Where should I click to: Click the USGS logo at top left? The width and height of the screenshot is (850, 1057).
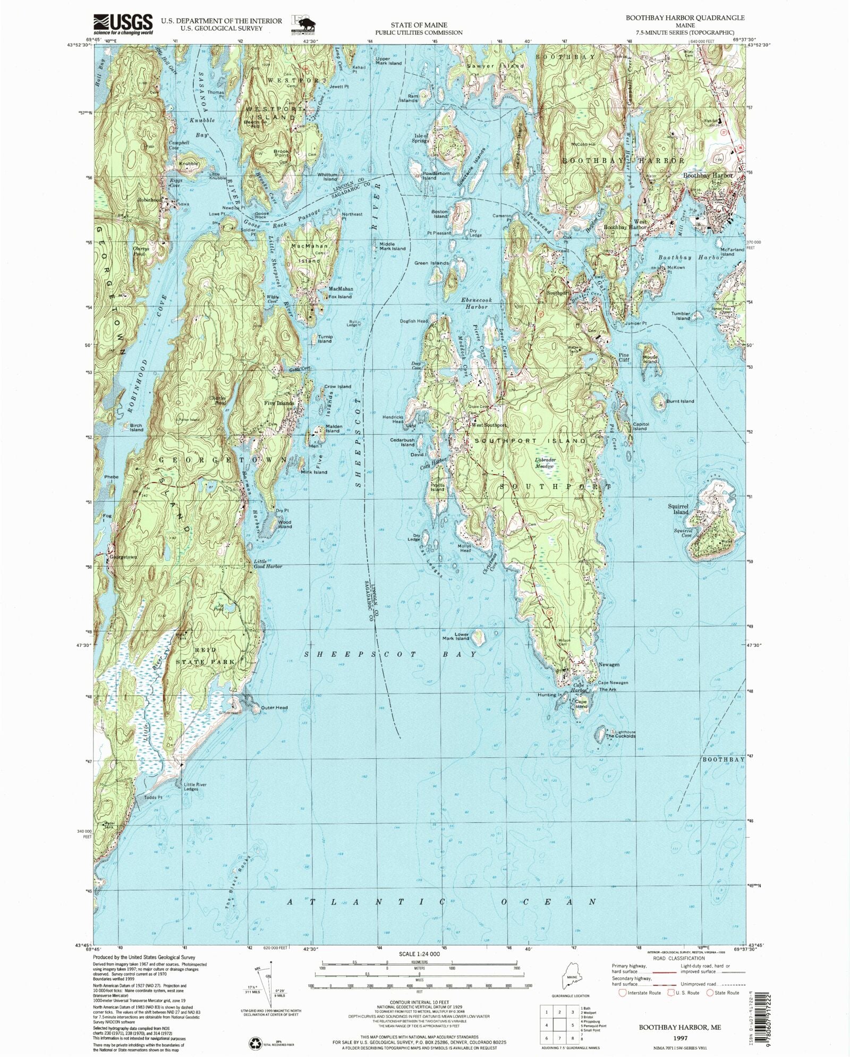123,24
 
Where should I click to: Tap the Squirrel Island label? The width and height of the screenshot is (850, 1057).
678,509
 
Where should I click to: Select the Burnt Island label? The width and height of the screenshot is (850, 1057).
680,401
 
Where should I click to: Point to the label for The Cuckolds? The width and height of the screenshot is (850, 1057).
620,736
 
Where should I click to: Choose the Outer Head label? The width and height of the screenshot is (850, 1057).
275,707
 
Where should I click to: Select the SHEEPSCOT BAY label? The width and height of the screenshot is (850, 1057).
390,654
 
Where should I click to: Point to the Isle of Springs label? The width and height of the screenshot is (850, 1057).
421,138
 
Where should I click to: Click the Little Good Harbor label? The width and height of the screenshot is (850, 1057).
267,564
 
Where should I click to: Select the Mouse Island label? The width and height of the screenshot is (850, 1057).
651,359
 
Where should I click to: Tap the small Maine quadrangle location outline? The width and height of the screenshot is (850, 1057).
572,978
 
